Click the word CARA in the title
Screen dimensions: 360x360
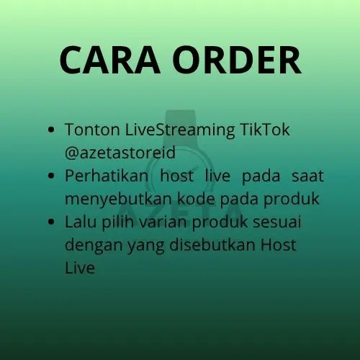(x=109, y=60)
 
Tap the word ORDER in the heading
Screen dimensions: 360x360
(x=237, y=60)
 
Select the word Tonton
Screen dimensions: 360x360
(x=92, y=130)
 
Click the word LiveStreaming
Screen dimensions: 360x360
(x=180, y=130)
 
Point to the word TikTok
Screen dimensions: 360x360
(x=265, y=130)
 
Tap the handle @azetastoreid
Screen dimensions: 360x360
(x=120, y=153)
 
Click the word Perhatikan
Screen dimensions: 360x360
(x=107, y=176)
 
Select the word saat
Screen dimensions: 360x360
(x=308, y=176)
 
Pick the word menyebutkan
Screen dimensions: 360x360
(x=118, y=199)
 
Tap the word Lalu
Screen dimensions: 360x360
(x=81, y=222)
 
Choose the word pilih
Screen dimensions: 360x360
(x=118, y=222)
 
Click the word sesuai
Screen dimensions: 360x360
(x=277, y=222)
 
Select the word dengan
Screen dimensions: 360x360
(x=93, y=246)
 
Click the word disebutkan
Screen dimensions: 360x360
(x=212, y=245)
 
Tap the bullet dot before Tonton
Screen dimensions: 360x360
(x=51, y=130)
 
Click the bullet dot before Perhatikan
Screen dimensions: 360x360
(x=51, y=176)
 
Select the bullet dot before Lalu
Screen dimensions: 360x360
(x=51, y=222)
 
